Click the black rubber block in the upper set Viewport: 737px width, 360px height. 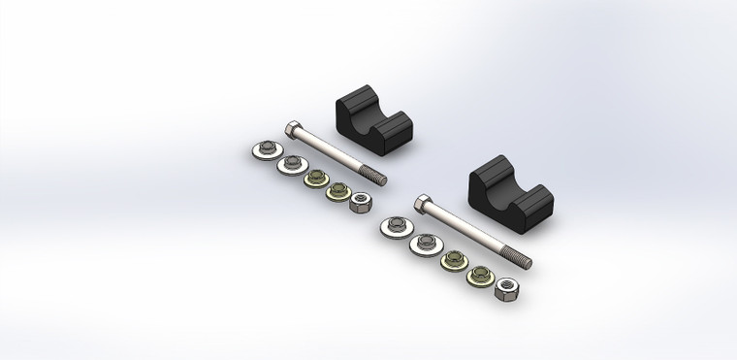373,123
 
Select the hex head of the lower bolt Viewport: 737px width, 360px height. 422,204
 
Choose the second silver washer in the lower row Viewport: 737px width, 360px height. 424,243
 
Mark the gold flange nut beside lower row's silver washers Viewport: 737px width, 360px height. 452,260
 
